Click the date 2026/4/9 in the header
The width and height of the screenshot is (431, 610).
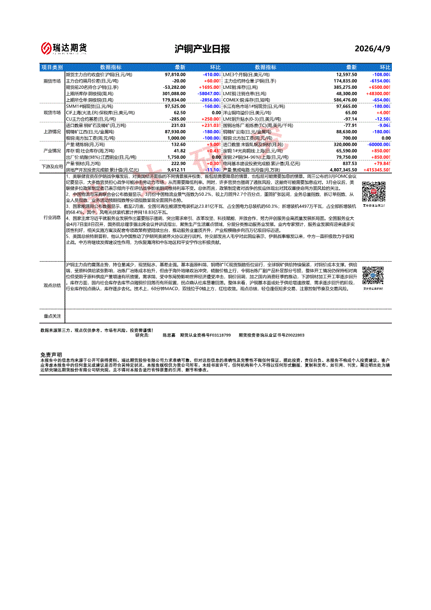372,49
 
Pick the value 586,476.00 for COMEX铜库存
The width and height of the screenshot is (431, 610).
343,99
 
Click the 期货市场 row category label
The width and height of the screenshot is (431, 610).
52,81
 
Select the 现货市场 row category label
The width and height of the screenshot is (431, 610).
52,112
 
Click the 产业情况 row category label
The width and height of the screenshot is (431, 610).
52,150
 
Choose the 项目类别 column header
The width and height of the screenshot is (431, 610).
52,67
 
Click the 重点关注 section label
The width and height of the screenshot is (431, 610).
52,316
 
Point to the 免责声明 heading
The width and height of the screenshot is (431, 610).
51,355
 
